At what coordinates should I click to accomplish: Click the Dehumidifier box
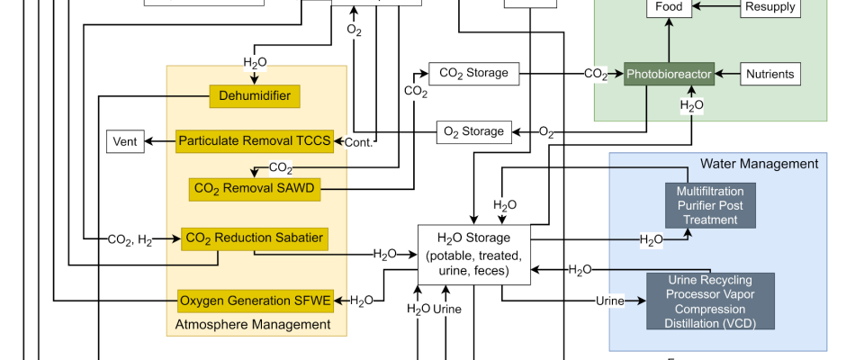tap(255, 95)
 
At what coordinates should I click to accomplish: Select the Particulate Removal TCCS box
tap(255, 140)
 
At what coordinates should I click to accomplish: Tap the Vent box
tap(125, 141)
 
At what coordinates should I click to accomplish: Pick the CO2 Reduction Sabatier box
tap(254, 238)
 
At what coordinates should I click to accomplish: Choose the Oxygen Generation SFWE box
tap(256, 300)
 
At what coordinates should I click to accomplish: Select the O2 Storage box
tap(474, 131)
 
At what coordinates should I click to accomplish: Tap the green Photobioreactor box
tap(670, 74)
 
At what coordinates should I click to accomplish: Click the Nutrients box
tap(770, 74)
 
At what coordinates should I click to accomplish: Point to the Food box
tap(669, 7)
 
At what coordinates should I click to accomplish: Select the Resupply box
tap(770, 7)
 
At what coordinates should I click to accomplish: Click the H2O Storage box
tap(473, 253)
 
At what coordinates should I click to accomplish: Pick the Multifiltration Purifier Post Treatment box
tap(710, 205)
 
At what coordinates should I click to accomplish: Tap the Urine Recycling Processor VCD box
tap(710, 301)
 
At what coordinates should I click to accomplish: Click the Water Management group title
tap(759, 163)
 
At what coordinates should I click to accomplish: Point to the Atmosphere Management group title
tap(252, 324)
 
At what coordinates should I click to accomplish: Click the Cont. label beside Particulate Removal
tap(358, 141)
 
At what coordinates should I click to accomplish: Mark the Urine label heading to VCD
tap(609, 300)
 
